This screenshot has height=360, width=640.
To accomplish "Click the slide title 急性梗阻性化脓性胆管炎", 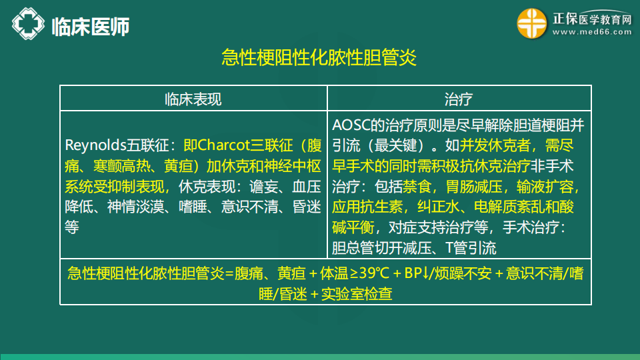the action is coord(319,57).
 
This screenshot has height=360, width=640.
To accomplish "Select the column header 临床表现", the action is coord(193,99).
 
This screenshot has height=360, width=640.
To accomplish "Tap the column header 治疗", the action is coord(459,99).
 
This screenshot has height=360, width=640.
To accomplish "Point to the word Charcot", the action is coord(224,145).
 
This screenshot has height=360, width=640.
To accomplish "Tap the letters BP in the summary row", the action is coord(413,273).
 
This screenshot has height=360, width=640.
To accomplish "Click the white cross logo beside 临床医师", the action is coord(28,24).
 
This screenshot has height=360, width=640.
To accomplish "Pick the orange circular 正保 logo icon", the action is coord(532,24).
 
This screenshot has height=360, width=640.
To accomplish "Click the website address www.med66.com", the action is coord(592,32).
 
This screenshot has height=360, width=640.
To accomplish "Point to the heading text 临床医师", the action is coord(91,27).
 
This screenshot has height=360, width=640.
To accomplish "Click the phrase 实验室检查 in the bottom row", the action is coord(357,294).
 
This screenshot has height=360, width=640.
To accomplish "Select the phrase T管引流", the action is coord(471,248).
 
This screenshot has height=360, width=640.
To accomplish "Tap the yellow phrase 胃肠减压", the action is coord(474,187).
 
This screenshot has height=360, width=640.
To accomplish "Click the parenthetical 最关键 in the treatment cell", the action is coord(395,146).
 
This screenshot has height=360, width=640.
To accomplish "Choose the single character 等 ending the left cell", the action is coord(72,227).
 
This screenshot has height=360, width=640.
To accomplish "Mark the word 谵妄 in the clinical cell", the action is coord(264,187).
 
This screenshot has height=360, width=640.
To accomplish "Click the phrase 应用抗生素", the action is coord(367,207).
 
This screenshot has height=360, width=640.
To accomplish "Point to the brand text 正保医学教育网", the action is coord(592,19).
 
